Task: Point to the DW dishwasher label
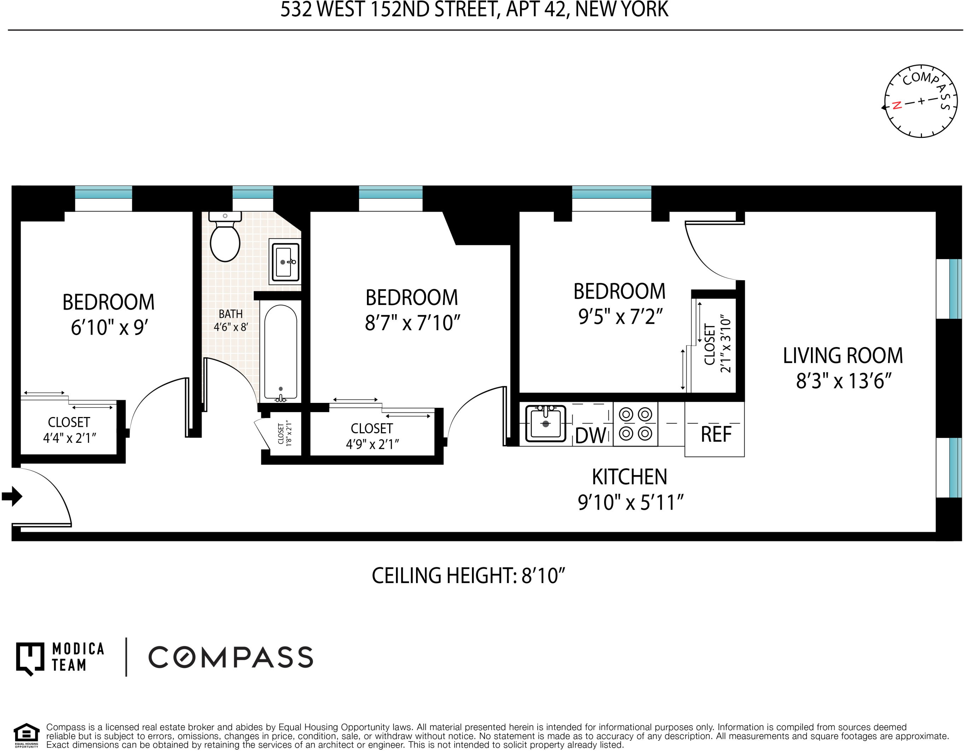(591, 435)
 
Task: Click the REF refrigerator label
(717, 435)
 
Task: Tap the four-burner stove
(635, 424)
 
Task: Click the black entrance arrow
(12, 497)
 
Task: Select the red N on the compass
(896, 105)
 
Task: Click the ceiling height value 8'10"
(543, 576)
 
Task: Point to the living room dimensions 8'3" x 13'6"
(843, 381)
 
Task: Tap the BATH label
(230, 314)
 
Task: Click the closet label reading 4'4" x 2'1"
(69, 438)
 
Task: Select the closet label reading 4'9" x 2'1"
(372, 444)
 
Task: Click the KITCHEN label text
(630, 477)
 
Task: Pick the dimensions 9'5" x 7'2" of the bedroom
(620, 316)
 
